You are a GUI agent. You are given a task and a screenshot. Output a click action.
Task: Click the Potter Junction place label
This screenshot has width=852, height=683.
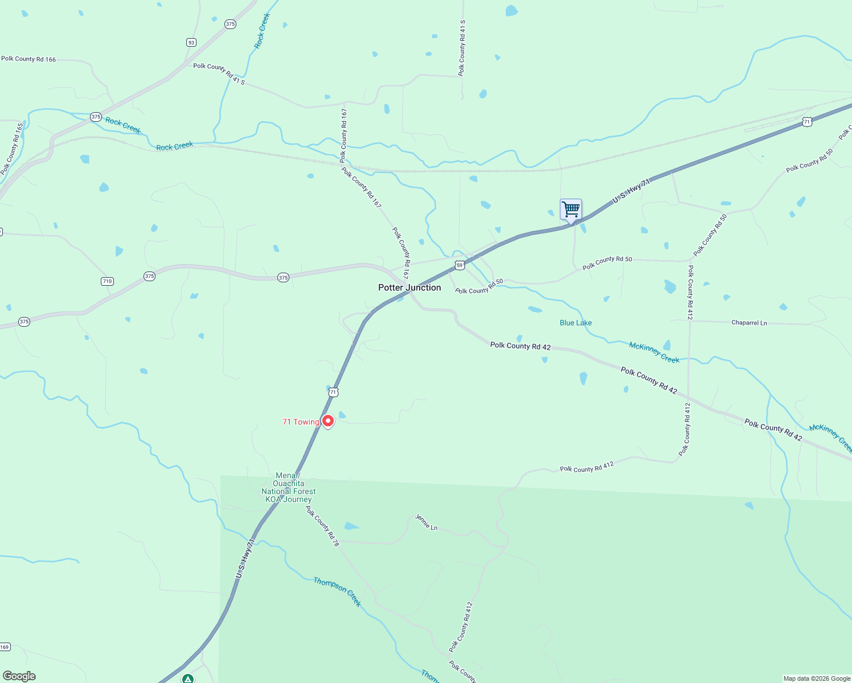(x=409, y=287)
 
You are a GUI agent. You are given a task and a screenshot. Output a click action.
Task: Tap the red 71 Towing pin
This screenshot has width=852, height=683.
(x=328, y=421)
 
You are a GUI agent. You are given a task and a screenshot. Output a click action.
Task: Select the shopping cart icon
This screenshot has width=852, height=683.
(x=571, y=209)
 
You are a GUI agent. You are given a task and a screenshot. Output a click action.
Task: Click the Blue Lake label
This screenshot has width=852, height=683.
(x=575, y=323)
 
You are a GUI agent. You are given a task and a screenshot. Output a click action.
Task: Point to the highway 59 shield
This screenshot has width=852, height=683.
(x=460, y=266)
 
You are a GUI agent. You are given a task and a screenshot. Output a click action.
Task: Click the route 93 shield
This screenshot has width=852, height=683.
(x=191, y=43)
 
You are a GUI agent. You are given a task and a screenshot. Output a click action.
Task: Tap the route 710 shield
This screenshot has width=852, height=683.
(x=107, y=281)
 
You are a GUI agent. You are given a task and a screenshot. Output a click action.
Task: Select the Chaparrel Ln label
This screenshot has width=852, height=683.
(x=749, y=323)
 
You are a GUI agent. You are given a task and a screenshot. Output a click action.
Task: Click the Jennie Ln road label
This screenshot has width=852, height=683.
(x=426, y=522)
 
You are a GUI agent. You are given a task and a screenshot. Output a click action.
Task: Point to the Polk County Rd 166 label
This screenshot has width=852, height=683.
(x=28, y=59)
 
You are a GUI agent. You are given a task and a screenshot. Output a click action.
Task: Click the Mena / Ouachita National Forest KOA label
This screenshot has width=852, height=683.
(x=289, y=488)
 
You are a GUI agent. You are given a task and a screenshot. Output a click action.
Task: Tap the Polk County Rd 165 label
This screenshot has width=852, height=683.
(x=13, y=149)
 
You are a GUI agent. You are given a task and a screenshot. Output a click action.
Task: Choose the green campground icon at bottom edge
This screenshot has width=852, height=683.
(x=188, y=678)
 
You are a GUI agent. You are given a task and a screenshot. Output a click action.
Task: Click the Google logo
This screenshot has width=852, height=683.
(x=19, y=676)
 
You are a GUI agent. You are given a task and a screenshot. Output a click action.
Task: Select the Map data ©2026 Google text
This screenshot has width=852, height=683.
(x=817, y=678)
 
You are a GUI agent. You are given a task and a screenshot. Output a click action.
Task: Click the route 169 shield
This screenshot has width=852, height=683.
(x=5, y=647)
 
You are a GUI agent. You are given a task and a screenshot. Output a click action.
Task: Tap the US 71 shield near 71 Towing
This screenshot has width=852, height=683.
(x=333, y=392)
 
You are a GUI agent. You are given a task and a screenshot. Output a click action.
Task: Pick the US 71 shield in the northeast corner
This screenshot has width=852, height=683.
(x=806, y=122)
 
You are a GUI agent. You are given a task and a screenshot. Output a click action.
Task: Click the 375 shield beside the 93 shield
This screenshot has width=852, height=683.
(x=230, y=24)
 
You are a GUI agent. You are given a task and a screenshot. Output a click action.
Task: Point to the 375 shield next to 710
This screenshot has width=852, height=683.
(x=149, y=276)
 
